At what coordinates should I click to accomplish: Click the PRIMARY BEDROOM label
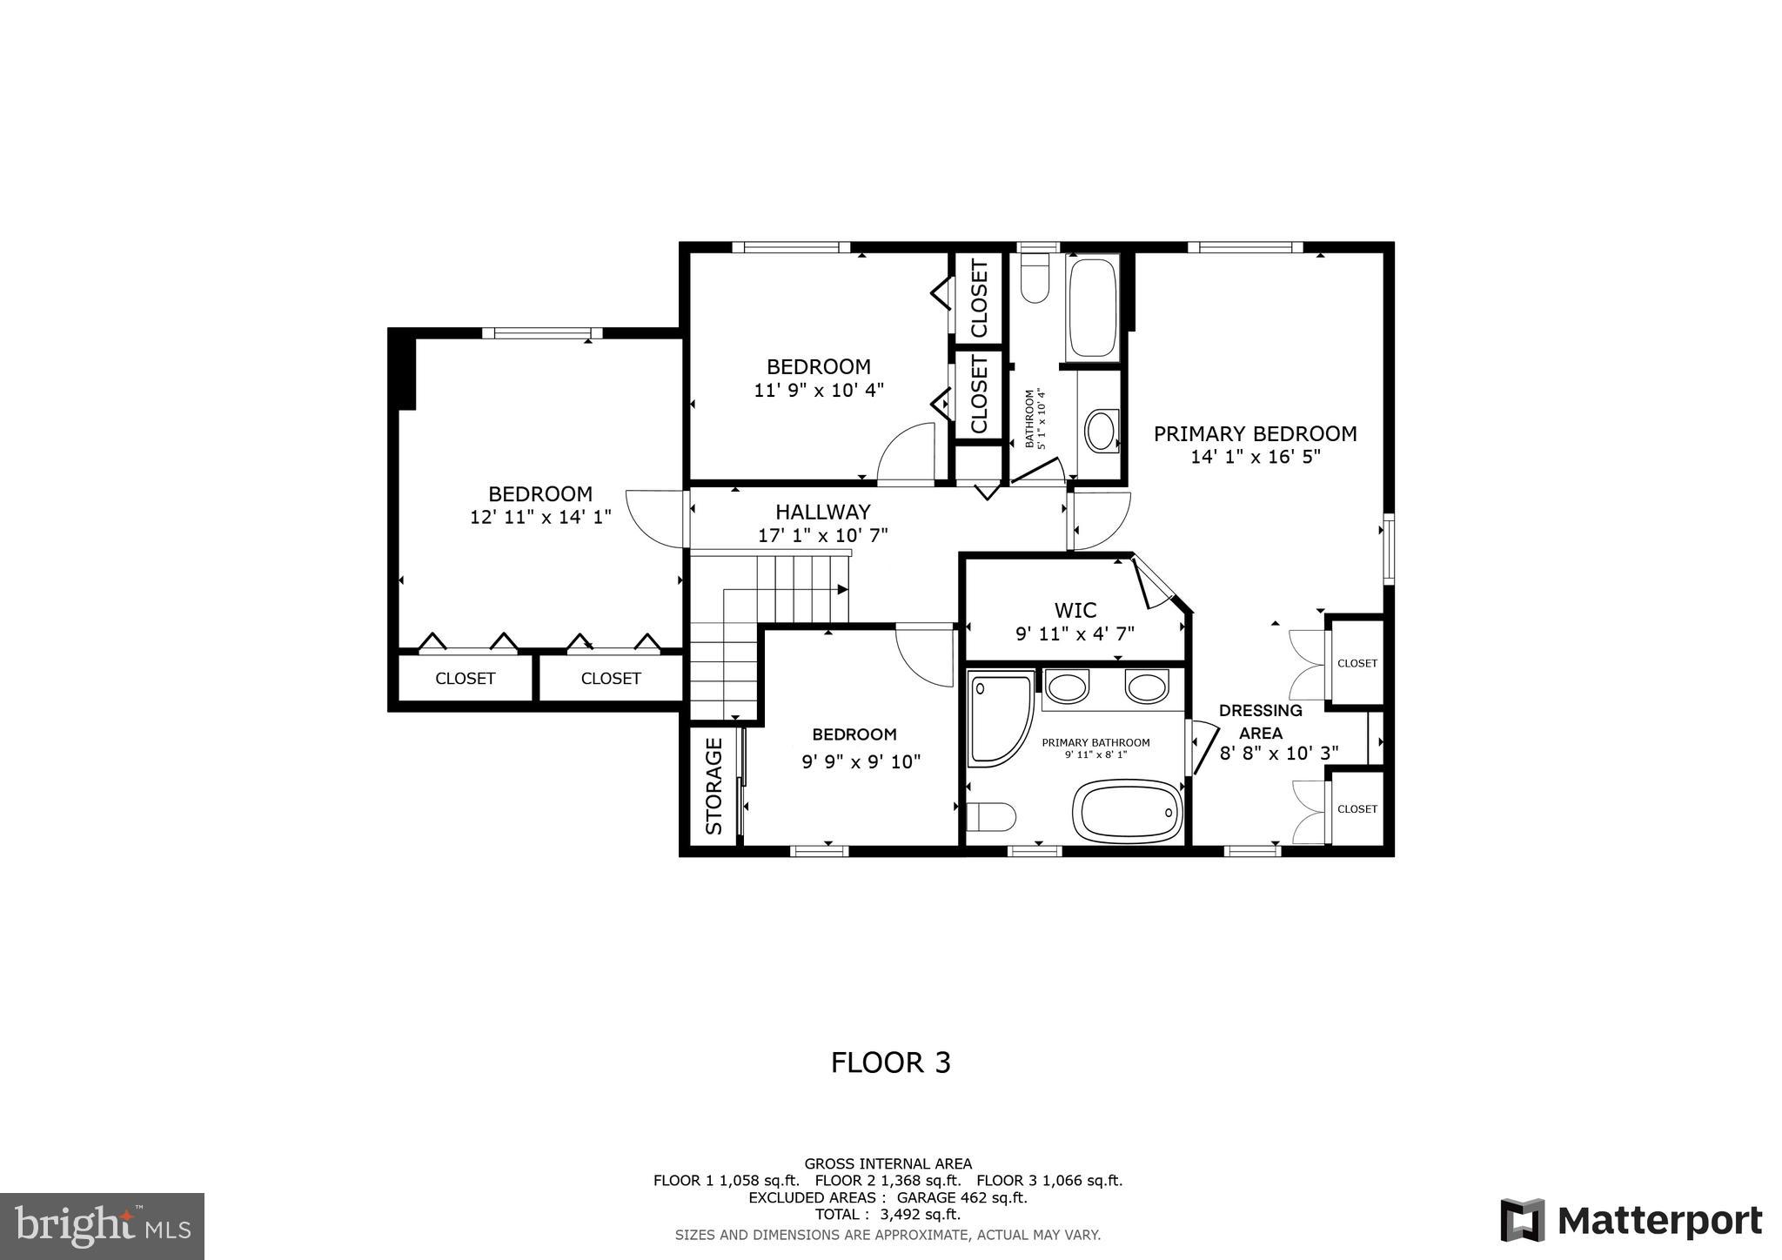[x=1255, y=433]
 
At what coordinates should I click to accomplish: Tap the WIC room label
[x=1075, y=610]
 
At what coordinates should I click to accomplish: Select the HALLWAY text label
[x=822, y=512]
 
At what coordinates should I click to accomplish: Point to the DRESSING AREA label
[x=1260, y=721]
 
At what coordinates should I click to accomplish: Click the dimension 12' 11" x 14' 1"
[x=540, y=517]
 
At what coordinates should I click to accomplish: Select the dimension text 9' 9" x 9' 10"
[x=861, y=762]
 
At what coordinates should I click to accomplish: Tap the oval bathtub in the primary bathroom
[x=1128, y=811]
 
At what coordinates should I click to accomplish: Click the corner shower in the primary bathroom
[x=999, y=719]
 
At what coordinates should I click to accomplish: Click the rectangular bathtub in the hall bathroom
[x=1092, y=307]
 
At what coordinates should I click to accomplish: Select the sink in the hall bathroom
[x=1101, y=431]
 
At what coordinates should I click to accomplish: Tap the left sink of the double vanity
[x=1067, y=687]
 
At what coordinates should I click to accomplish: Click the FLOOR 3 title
[x=890, y=1062]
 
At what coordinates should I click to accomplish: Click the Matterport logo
[x=1631, y=1221]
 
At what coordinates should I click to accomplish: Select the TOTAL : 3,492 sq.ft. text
[x=888, y=1214]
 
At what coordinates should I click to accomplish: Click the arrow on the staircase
[x=842, y=589]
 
